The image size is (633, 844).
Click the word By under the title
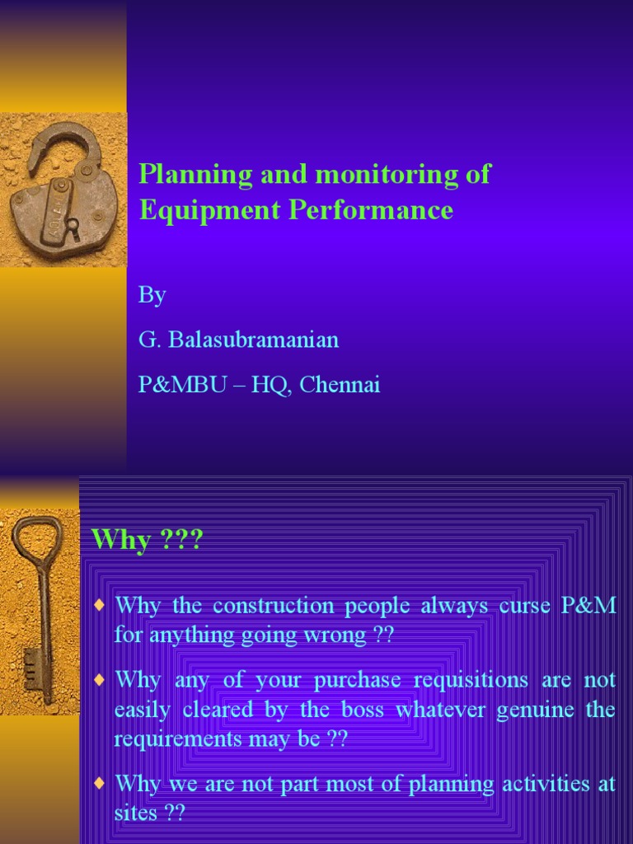152,295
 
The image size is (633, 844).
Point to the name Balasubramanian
253,340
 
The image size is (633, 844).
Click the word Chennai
340,384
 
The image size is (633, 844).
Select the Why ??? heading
147,541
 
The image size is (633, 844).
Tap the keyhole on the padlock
73,224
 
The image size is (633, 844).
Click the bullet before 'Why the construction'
100,606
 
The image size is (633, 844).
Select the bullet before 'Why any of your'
100,680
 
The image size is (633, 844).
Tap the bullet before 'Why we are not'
100,782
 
